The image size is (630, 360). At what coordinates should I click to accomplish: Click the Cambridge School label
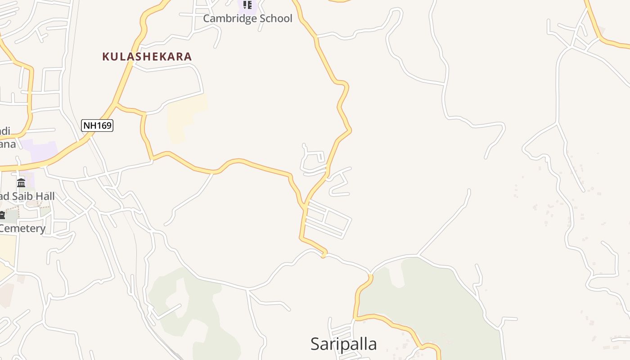click(x=247, y=18)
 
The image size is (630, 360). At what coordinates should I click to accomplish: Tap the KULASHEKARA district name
click(x=147, y=57)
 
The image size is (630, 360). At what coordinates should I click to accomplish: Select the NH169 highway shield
click(x=97, y=125)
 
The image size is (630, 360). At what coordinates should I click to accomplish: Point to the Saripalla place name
click(x=343, y=344)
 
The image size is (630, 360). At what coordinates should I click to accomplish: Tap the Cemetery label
click(x=22, y=228)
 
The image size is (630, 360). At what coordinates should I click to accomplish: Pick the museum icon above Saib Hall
click(x=21, y=183)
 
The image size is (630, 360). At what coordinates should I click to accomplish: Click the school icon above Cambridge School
click(x=247, y=5)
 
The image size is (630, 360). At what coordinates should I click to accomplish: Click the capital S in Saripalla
click(x=316, y=344)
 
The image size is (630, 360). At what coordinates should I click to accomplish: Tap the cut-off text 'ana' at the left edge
click(x=8, y=144)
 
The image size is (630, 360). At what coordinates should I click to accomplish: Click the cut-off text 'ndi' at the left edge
click(x=5, y=131)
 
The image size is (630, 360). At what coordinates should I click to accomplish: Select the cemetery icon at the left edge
click(x=2, y=215)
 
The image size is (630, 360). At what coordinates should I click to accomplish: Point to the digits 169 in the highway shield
click(x=104, y=125)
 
